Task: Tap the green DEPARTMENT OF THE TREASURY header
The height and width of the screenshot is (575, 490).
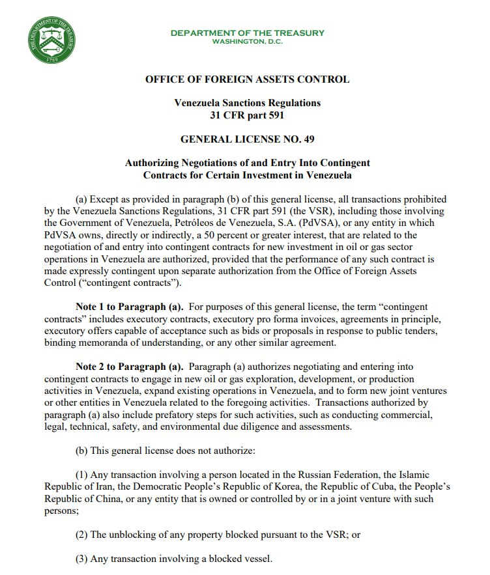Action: click(x=247, y=33)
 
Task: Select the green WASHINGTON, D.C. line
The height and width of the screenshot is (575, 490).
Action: click(x=247, y=42)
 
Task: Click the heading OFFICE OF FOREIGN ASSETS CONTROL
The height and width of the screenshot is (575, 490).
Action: click(x=247, y=79)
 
